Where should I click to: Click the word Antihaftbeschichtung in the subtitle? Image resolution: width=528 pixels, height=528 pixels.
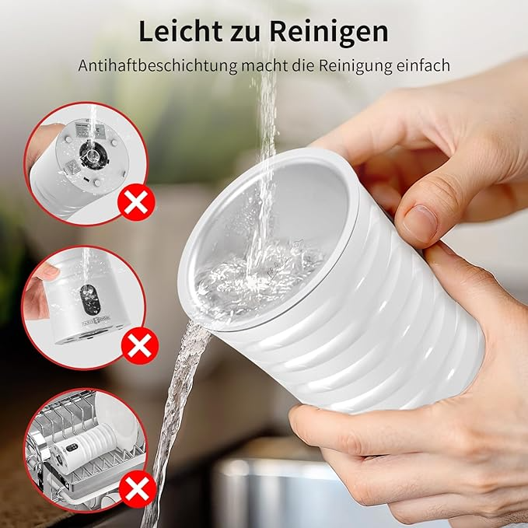coord(158,65)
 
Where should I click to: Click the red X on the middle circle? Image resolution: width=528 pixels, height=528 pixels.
coord(139,345)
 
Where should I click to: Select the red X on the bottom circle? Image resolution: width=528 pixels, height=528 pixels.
coord(138,488)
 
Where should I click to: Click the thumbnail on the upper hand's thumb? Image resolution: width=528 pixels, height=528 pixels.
coord(418,222)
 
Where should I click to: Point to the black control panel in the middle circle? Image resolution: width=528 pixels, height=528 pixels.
coord(90,299)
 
